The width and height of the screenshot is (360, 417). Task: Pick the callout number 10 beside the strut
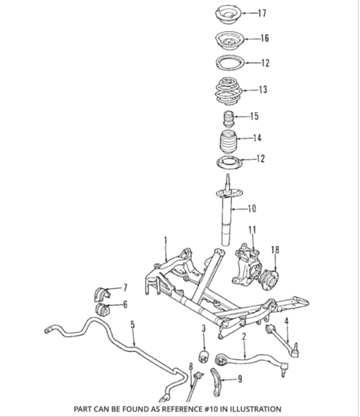[252, 207]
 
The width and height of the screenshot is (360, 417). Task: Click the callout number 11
[252, 229]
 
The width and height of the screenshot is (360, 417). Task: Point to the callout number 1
[165, 241]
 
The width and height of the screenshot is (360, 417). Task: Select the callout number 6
[125, 304]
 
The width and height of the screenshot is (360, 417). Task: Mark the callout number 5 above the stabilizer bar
[132, 324]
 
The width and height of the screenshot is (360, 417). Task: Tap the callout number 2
[244, 336]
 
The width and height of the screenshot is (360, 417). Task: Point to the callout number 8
[189, 366]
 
